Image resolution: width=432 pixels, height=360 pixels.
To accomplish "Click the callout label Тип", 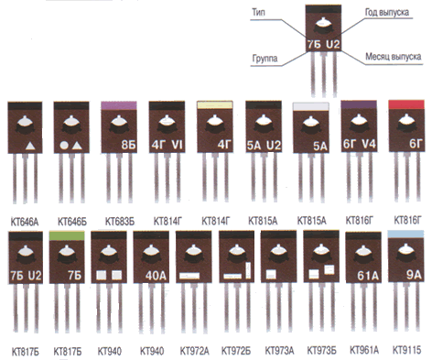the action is pos(258,13).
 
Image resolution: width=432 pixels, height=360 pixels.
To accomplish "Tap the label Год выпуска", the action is pos(387,12).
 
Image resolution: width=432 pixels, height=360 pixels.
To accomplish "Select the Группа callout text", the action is pos(265,59).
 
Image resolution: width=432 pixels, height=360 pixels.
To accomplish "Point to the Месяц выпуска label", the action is pos(394,57).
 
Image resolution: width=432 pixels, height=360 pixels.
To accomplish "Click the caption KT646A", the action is pos(25,222).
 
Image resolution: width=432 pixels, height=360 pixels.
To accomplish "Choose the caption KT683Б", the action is pos(120,222).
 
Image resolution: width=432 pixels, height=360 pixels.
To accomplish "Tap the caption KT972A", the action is pos(194,351).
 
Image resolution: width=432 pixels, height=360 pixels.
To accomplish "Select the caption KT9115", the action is pos(406,350).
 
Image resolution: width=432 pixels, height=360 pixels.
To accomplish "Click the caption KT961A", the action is pos(364,350).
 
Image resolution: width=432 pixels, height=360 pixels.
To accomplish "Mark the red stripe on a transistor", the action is pos(406,104).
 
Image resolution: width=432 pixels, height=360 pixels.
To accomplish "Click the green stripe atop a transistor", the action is pos(67,235).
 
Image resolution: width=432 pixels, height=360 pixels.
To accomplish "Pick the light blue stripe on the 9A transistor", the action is pos(405,235).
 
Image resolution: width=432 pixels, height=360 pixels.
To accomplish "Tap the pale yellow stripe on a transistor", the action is pos(215,105).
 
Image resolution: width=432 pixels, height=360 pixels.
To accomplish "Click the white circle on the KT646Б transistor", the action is pos(64,146).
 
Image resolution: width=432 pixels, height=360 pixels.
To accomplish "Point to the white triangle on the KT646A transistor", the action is pos(30,146).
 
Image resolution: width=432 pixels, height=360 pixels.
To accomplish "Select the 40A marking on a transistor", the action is pos(156,276).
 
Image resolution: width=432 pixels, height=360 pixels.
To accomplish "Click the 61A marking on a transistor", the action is pos(368,276).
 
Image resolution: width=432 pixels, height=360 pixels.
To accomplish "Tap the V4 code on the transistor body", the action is pos(368,144).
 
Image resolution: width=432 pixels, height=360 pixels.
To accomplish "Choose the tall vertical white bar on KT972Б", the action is pos(248,270).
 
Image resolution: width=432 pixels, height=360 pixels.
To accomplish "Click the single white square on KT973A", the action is pos(271,274).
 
